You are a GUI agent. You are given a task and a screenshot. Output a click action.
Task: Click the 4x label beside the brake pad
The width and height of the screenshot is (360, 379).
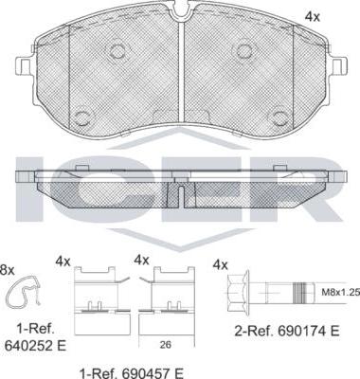[x=312, y=17]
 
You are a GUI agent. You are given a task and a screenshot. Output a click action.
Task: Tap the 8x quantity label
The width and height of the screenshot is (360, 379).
[x=7, y=270]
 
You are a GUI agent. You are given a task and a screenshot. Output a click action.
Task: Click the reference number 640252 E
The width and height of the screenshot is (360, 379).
[x=35, y=346]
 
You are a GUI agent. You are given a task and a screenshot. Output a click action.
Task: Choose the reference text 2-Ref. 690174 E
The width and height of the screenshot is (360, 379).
[x=287, y=331]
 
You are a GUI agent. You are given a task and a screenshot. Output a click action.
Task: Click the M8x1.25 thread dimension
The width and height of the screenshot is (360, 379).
[x=340, y=293]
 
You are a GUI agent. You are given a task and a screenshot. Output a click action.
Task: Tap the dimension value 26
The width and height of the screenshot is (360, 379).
[x=166, y=345]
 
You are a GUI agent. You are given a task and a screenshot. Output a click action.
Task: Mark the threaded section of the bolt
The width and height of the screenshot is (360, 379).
[x=299, y=293]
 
